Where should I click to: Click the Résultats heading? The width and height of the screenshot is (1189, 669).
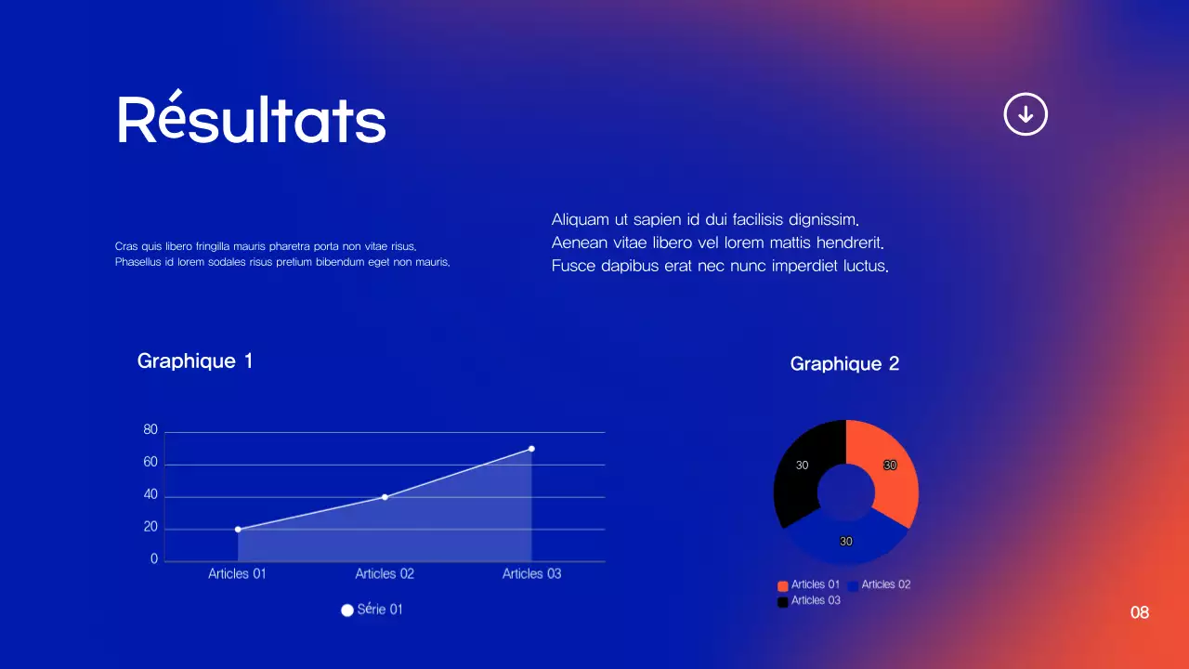tap(251, 119)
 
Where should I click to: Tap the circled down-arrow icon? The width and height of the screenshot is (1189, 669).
tap(1026, 114)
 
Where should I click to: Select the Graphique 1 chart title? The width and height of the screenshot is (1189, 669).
tap(195, 361)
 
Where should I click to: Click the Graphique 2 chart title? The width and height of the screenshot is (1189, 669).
tap(844, 363)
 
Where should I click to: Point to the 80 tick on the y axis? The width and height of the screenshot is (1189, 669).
tap(150, 430)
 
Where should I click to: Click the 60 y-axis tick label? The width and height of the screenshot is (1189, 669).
tap(150, 463)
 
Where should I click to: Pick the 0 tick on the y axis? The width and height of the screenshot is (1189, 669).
tap(154, 560)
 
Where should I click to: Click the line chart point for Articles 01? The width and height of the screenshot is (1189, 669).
tap(238, 530)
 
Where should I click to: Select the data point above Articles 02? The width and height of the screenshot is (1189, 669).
tap(385, 497)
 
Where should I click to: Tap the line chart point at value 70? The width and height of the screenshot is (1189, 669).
tap(531, 449)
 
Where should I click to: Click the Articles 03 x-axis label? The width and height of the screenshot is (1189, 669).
tap(531, 573)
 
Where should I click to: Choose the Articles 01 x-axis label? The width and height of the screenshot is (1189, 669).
tap(237, 573)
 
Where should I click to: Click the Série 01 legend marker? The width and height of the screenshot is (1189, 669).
tap(347, 610)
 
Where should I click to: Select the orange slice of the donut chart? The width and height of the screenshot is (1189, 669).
tap(894, 474)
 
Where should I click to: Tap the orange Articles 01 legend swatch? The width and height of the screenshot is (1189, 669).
tap(783, 585)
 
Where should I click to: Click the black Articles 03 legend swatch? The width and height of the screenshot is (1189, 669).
tap(783, 601)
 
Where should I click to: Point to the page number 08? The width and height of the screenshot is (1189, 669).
tap(1140, 612)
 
